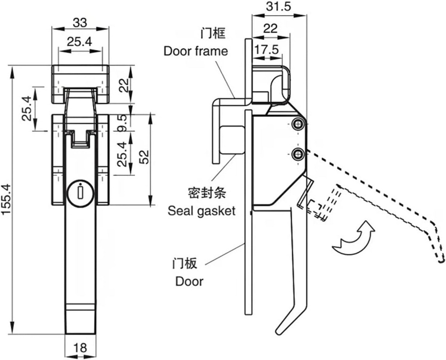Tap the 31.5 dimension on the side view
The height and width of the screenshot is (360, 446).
click(279, 7)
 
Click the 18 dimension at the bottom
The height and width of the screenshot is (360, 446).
click(80, 348)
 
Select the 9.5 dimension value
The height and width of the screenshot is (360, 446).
click(123, 123)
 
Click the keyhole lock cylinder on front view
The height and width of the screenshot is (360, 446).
click(80, 192)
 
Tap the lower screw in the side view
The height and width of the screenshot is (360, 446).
click(297, 154)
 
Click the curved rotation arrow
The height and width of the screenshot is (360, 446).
click(353, 239)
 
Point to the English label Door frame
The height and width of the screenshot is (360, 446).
click(196, 51)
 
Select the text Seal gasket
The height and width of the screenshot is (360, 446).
click(201, 211)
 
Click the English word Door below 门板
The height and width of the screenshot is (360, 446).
click(189, 281)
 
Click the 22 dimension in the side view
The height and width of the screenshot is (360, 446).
click(270, 29)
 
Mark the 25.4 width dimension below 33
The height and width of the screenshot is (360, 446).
click(79, 42)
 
